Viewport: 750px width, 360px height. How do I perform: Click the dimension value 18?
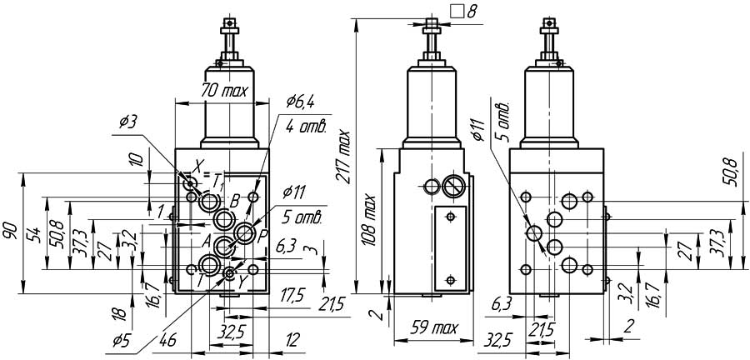pos(120,314)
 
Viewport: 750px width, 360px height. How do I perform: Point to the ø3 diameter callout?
pos(128,122)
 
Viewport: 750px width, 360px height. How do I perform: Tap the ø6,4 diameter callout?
pos(299,102)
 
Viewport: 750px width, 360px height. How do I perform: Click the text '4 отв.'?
pos(305,127)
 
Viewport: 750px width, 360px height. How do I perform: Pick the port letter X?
pos(197,164)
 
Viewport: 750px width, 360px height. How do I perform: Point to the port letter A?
pos(206,239)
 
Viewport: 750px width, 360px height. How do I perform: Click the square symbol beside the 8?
pos(456,12)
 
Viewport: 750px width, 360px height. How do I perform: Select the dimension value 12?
pos(292,341)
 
